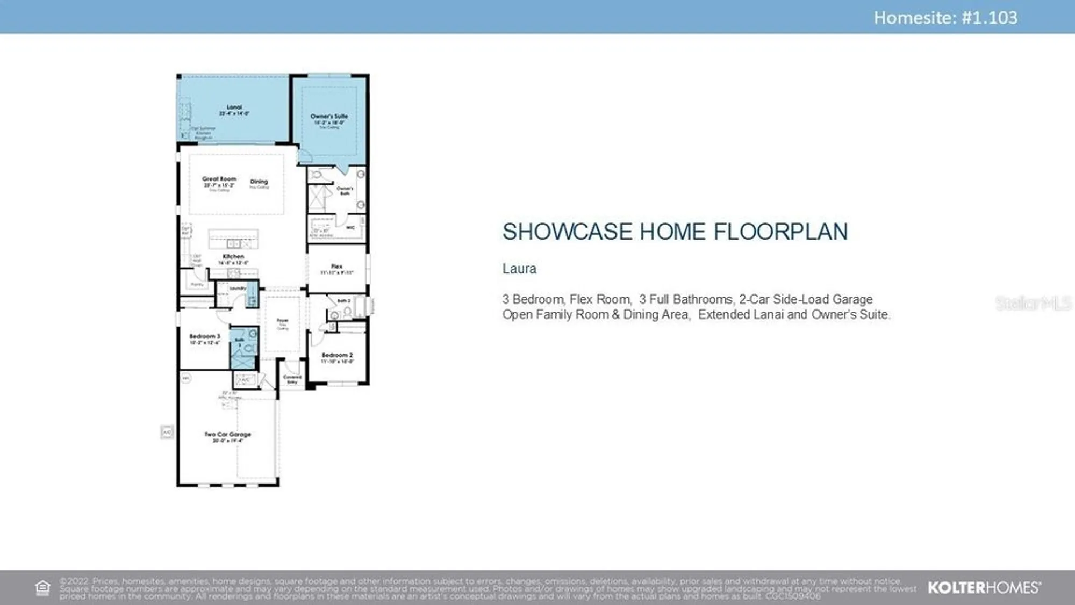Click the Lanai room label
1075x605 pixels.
click(234, 107)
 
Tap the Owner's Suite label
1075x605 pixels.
click(329, 116)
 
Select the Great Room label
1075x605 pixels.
click(219, 179)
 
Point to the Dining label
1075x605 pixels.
click(259, 182)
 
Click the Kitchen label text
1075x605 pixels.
click(233, 256)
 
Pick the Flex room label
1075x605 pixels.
click(336, 267)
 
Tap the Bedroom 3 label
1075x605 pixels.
click(205, 336)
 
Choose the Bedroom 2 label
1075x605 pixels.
click(337, 355)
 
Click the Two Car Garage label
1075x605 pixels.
click(227, 434)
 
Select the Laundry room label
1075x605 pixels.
click(238, 289)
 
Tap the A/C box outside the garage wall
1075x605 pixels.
click(167, 432)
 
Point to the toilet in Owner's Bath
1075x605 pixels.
click(317, 175)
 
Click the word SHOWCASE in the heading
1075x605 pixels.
click(567, 232)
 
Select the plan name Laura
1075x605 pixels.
click(519, 269)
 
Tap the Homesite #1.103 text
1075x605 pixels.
click(945, 18)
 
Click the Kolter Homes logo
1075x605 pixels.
click(984, 587)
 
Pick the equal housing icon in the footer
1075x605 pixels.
click(42, 588)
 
